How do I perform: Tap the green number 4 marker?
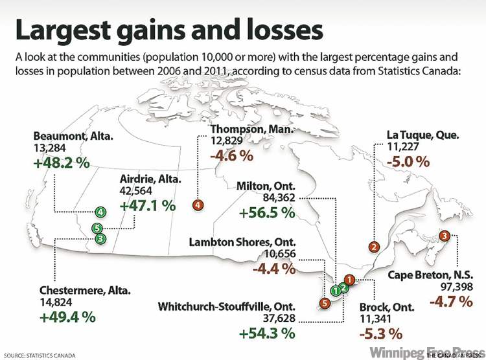[x=100, y=212]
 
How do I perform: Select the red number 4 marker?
[x=198, y=205]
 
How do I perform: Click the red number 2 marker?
[x=373, y=246]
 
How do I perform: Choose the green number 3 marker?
[x=100, y=238]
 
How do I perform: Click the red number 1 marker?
[x=349, y=280]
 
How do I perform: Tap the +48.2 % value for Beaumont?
[x=62, y=163]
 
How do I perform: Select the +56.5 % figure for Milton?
[x=267, y=212]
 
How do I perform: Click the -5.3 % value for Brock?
[x=380, y=334]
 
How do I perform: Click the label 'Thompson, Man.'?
[x=252, y=130]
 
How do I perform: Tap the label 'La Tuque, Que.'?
[x=423, y=136]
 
